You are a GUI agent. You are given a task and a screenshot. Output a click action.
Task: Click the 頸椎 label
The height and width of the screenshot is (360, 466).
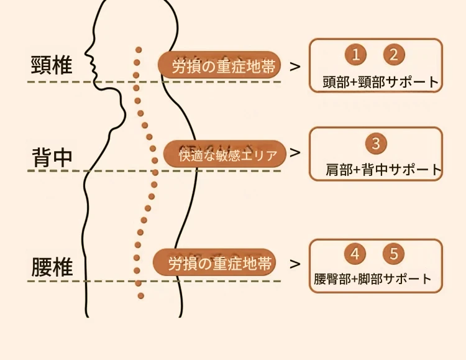(x=52, y=65)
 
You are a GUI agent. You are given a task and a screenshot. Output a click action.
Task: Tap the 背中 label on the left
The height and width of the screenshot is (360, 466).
(x=52, y=157)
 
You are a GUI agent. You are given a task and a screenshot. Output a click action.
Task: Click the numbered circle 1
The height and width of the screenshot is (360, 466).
(x=355, y=55)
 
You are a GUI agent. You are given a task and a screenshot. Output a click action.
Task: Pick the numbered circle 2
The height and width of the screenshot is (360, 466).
(x=393, y=55)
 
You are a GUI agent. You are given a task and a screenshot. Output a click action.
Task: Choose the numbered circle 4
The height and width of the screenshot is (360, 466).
(x=355, y=254)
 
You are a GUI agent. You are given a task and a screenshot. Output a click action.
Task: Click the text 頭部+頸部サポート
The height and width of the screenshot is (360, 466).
(x=381, y=82)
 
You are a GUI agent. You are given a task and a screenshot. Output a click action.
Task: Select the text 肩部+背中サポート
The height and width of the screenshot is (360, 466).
(x=383, y=169)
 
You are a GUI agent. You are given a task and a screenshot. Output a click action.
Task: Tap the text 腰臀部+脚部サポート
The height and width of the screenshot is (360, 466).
(x=373, y=279)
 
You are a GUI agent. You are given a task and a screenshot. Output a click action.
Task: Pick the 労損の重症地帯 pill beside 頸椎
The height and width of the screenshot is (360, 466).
(x=221, y=65)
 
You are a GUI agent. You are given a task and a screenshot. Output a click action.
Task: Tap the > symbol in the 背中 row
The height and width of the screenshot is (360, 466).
(x=295, y=152)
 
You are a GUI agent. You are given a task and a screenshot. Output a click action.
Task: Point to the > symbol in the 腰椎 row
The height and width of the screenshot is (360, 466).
(x=295, y=264)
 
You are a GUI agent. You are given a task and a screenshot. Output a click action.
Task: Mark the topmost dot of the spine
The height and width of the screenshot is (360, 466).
(x=139, y=50)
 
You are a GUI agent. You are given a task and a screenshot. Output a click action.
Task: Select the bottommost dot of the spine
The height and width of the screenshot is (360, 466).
(x=141, y=295)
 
